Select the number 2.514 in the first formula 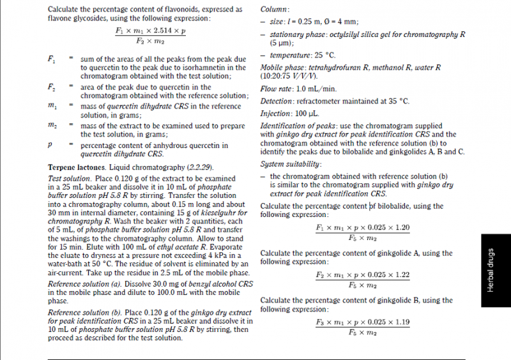[x=160, y=31]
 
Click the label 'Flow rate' [x=275, y=89]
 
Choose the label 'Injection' [x=275, y=113]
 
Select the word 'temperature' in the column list [x=288, y=56]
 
